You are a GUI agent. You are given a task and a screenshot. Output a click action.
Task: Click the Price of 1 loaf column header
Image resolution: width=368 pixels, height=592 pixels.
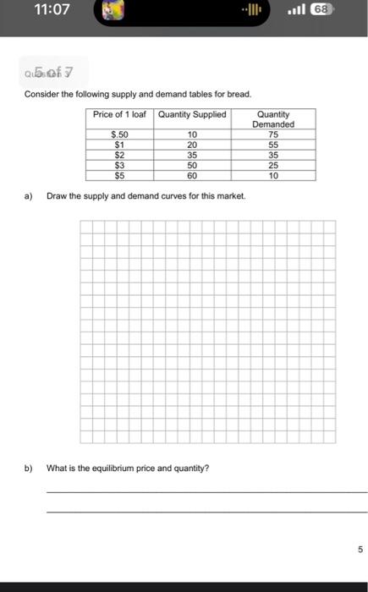[119, 114]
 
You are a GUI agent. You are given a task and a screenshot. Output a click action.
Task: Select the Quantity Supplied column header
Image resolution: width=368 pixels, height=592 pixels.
[192, 114]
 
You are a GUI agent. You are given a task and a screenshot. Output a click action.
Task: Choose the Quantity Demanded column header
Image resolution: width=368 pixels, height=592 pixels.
[272, 119]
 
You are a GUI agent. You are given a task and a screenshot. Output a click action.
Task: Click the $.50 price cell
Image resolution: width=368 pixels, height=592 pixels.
[119, 134]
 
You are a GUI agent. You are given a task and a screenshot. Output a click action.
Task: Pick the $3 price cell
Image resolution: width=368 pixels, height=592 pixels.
[119, 166]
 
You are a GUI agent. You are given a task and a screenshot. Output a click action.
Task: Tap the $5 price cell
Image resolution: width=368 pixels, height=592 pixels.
[119, 176]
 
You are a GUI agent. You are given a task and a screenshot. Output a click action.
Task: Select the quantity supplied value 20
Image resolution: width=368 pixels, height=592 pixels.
[192, 145]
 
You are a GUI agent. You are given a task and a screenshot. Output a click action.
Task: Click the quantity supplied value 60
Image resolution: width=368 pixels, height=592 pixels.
[192, 176]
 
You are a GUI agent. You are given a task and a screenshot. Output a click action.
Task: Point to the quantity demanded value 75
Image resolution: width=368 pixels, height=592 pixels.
[272, 134]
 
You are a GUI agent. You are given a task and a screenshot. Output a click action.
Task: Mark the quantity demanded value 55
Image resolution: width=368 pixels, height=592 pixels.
[272, 145]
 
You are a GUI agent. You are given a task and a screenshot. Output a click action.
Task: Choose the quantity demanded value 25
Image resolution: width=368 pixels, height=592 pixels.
[272, 166]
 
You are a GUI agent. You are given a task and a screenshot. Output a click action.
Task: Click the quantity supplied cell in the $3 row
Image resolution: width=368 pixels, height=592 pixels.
[192, 166]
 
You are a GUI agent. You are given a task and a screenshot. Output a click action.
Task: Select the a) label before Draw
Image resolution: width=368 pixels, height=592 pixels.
[28, 195]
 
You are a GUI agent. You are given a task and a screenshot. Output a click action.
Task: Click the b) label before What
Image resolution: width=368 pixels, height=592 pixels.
[28, 468]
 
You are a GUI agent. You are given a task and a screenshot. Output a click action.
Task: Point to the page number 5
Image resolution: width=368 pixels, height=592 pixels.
[360, 549]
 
